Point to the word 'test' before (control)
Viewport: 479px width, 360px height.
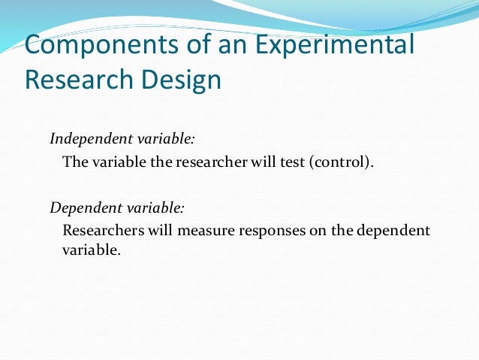(x=289, y=162)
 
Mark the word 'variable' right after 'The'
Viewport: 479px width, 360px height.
(x=117, y=162)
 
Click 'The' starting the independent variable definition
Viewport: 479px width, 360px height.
(x=75, y=162)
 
